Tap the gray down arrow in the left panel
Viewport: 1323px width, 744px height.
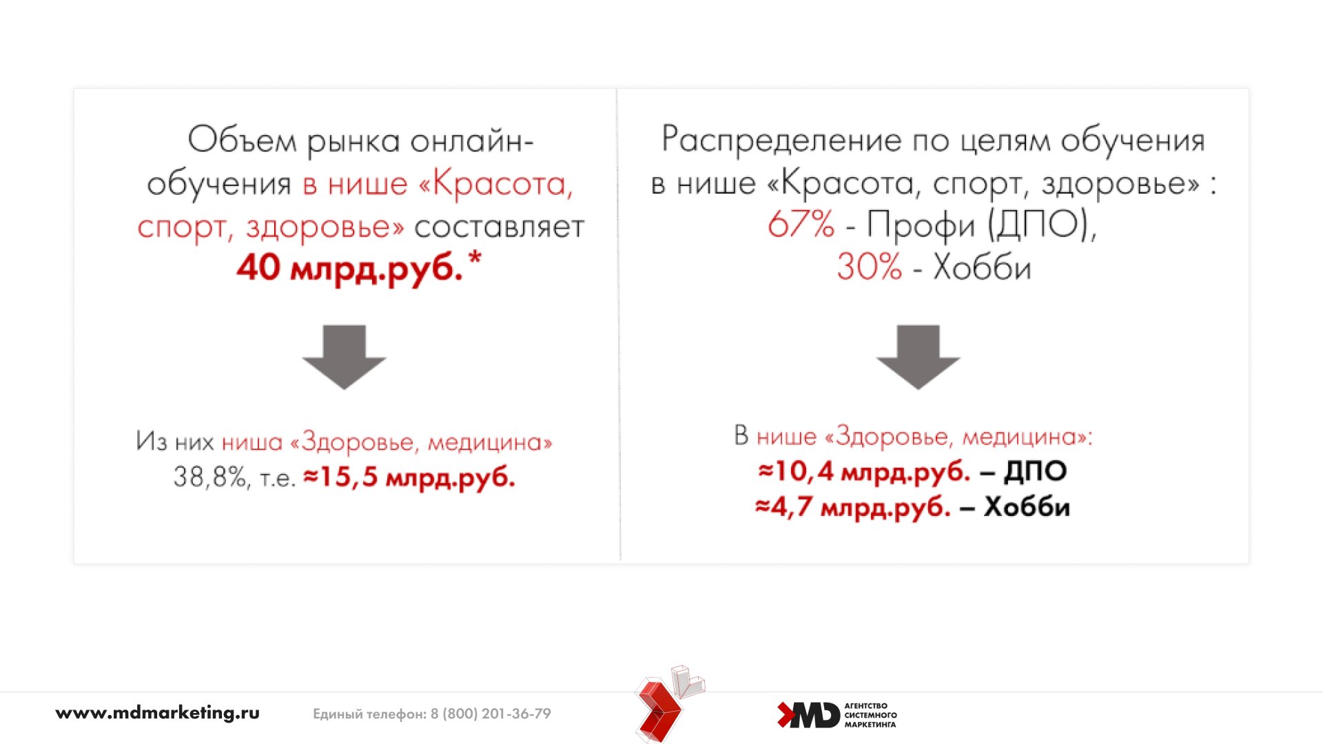(344, 357)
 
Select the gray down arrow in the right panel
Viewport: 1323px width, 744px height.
(918, 357)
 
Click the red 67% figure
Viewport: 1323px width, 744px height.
(801, 224)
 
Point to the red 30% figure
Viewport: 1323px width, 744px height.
(870, 267)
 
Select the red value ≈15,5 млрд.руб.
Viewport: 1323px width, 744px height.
(409, 477)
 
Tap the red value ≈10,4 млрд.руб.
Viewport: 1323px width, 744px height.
(864, 471)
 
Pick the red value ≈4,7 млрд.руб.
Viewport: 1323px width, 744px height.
(853, 507)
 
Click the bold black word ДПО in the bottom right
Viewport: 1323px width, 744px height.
(1036, 472)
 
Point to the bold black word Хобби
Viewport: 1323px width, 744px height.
(1027, 507)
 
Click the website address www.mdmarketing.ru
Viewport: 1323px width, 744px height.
(157, 713)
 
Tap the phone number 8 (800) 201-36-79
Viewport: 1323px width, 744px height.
(491, 714)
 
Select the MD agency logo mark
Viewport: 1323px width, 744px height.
(808, 715)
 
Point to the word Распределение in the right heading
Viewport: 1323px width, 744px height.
(781, 140)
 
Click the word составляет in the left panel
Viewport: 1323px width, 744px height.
(500, 227)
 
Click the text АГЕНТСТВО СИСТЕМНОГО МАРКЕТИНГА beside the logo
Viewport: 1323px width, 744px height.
(870, 715)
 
